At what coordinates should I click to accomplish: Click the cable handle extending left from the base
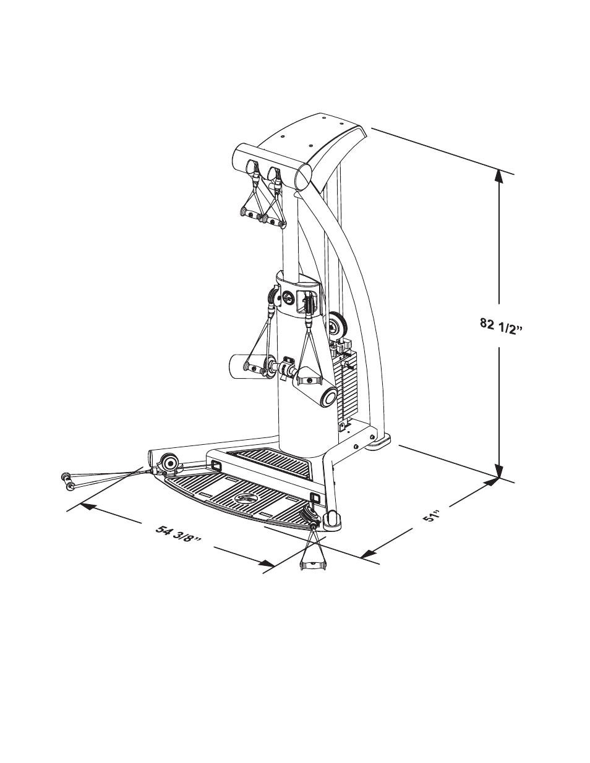tap(68, 481)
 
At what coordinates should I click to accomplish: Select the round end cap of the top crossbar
tap(304, 177)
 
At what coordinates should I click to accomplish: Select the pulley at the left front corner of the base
tap(169, 462)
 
